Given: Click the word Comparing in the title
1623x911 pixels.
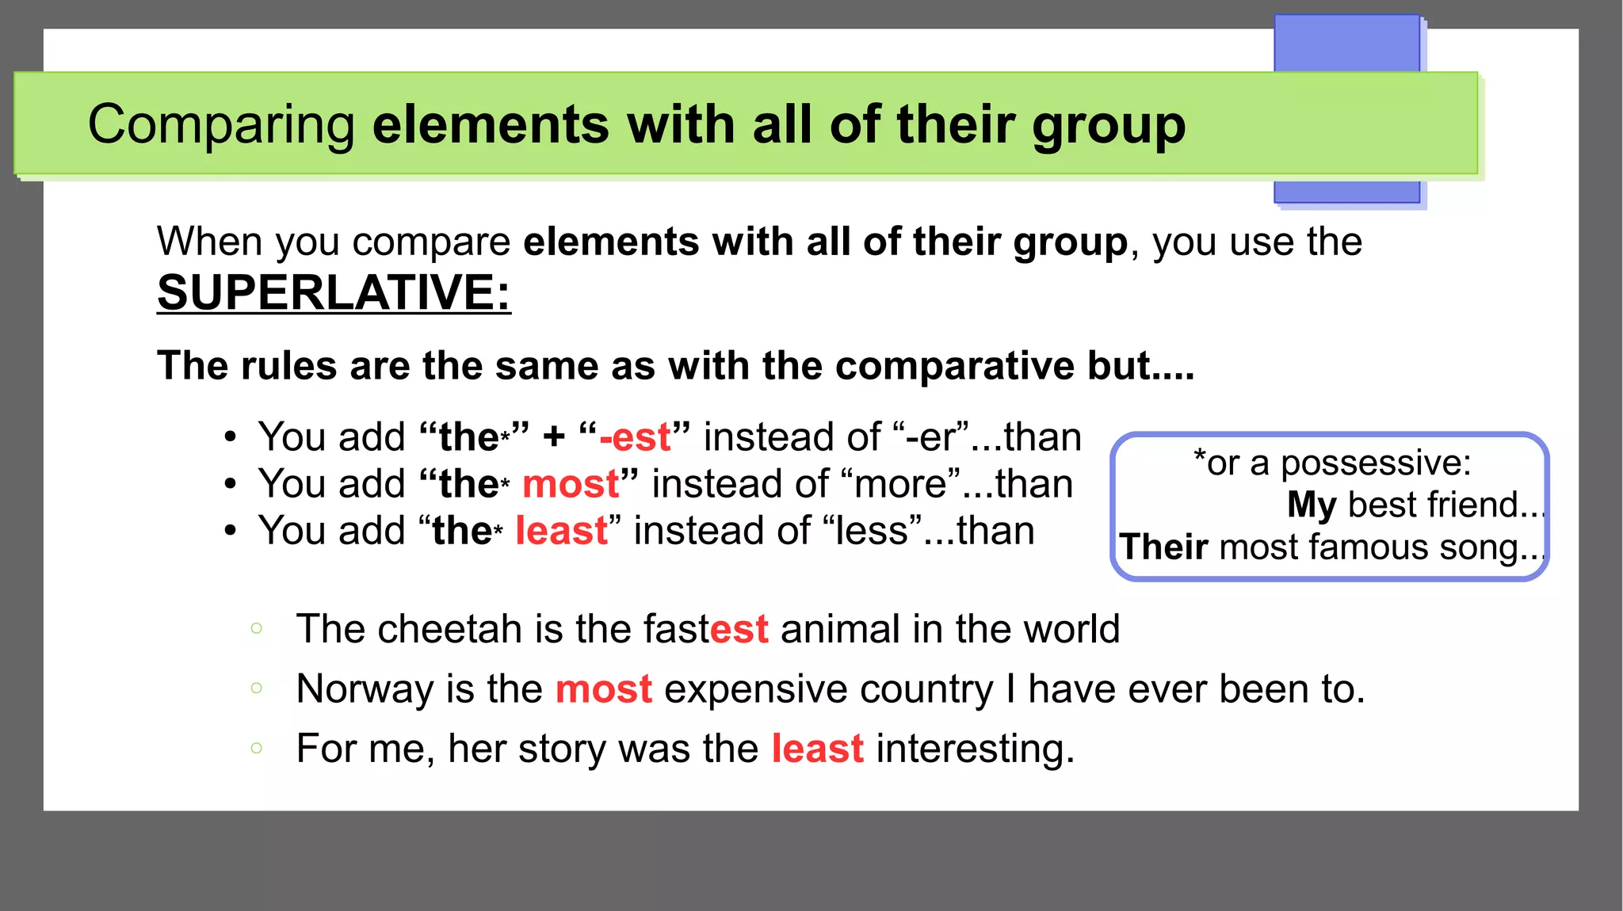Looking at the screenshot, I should coord(221,125).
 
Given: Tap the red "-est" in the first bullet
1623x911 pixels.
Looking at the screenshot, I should coord(635,437).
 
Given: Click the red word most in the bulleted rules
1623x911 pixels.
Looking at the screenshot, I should coord(571,484).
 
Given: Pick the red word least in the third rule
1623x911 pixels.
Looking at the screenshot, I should coord(561,531).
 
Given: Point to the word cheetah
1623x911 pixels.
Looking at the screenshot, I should coord(449,629).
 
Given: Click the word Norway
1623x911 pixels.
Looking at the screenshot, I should coord(365,688).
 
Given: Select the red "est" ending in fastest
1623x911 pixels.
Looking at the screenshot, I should coord(739,629).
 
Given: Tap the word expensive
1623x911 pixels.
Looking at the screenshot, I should coord(828,689).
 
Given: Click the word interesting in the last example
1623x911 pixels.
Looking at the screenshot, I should coord(975,749).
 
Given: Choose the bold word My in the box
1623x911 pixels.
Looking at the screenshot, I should coord(1312,505).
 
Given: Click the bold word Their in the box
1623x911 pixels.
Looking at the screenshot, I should coord(1163,547).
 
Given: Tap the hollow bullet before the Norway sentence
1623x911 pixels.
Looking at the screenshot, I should coord(256,688).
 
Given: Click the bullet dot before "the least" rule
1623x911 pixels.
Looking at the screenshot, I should coord(230,531).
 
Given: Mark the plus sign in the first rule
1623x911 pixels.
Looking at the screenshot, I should coord(554,437).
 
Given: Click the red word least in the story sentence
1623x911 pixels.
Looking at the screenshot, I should coord(817,749).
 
